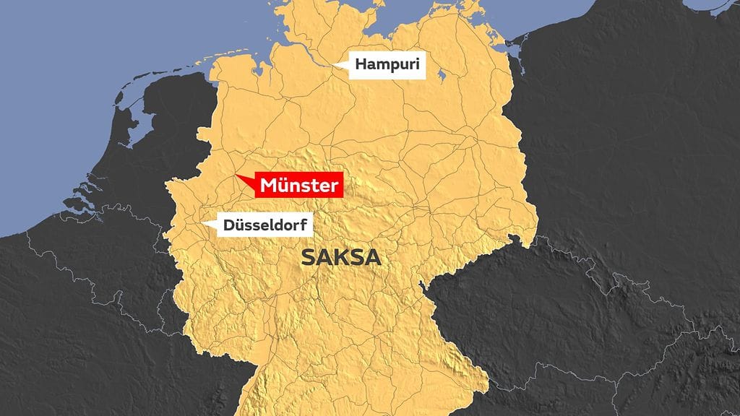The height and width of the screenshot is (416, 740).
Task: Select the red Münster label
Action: [x=299, y=186]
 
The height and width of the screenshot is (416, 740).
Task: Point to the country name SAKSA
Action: [x=340, y=258]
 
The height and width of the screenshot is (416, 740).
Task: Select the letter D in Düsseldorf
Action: [x=228, y=226]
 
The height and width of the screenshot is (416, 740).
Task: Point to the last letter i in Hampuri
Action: [x=416, y=66]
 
